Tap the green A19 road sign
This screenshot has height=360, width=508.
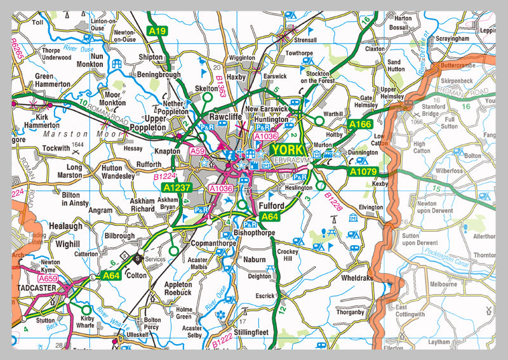click(157, 30)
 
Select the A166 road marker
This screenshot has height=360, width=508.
click(359, 124)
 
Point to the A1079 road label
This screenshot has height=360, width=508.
click(362, 171)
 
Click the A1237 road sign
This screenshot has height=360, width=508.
click(176, 188)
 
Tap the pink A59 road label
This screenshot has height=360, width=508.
click(198, 151)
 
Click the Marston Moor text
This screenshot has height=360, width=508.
click(64, 134)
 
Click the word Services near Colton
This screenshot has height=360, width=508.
click(154, 259)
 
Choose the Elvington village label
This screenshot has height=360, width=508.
click(371, 207)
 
